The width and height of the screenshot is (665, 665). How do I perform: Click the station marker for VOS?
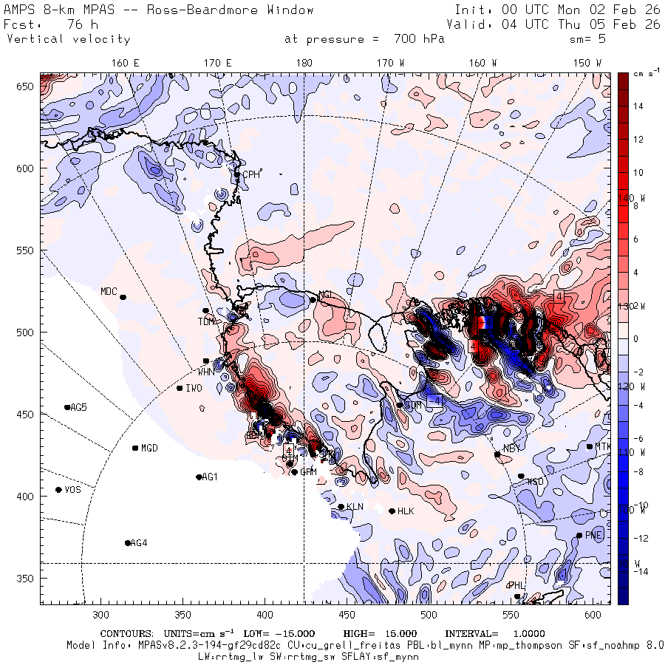click(58, 490)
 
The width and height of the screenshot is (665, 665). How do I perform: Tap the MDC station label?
click(109, 291)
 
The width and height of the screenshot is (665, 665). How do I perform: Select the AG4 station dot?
click(128, 543)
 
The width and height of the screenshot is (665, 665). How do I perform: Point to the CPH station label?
click(253, 174)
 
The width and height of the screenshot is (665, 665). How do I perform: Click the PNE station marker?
click(579, 536)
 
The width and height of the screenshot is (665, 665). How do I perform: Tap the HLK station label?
click(406, 511)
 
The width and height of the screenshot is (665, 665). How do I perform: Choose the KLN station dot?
click(341, 507)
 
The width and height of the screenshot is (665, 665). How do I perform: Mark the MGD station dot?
click(135, 448)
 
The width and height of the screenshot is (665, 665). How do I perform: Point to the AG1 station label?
click(210, 477)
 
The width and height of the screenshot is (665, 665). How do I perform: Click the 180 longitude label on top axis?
click(304, 64)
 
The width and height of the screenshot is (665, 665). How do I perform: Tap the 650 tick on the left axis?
click(28, 87)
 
